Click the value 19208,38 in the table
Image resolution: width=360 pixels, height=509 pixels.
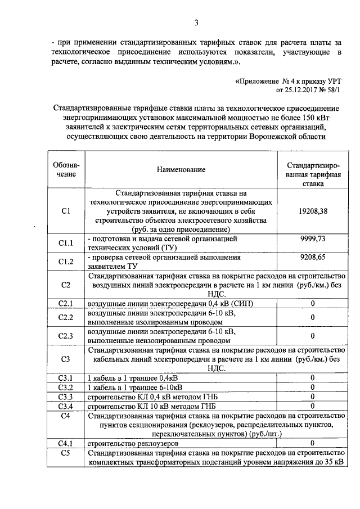pyautogui.click(x=313, y=211)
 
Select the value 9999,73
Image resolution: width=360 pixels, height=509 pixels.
pyautogui.click(x=313, y=239)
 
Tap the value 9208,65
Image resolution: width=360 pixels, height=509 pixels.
pyautogui.click(x=313, y=256)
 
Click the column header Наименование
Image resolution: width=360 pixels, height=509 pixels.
pyautogui.click(x=181, y=169)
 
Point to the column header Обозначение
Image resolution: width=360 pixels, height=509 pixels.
pyautogui.click(x=66, y=169)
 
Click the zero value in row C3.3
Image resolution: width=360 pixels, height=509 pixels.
pyautogui.click(x=313, y=397)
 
